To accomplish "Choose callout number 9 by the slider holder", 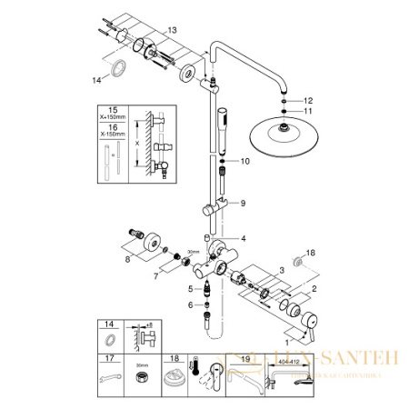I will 243,204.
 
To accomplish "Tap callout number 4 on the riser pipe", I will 244,238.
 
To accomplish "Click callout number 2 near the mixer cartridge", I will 314,288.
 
